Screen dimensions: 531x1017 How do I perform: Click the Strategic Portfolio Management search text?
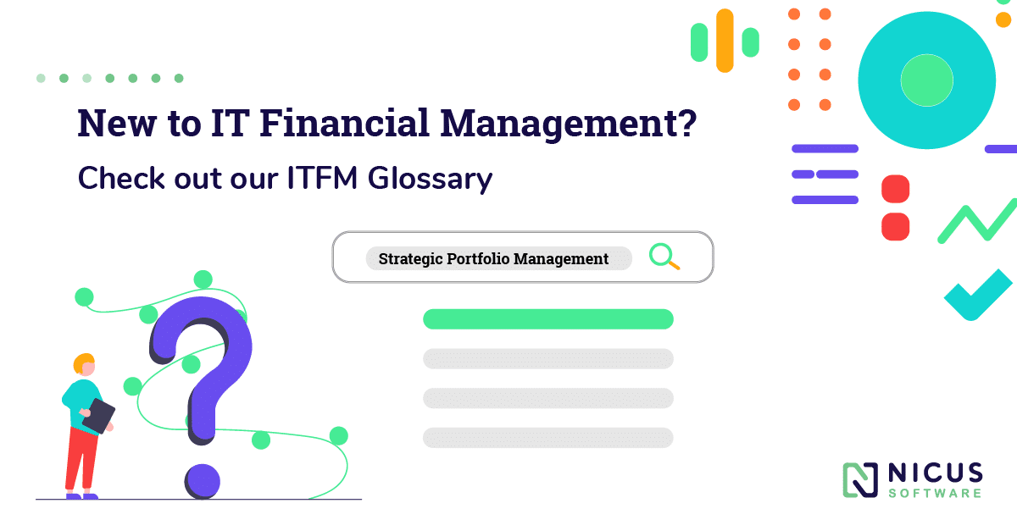click(493, 258)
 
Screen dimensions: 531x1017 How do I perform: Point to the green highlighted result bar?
click(547, 319)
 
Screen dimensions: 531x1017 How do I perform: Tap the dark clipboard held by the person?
click(98, 416)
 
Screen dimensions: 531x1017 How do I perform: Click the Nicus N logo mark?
click(860, 479)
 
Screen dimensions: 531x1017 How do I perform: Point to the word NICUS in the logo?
click(936, 473)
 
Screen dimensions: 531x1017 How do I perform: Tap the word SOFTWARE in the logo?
click(936, 493)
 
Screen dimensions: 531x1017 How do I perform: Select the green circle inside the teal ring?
click(926, 80)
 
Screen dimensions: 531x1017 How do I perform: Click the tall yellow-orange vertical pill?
click(725, 40)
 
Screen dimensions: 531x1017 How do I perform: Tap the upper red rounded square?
click(895, 189)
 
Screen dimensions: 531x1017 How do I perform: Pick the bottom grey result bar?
click(547, 438)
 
